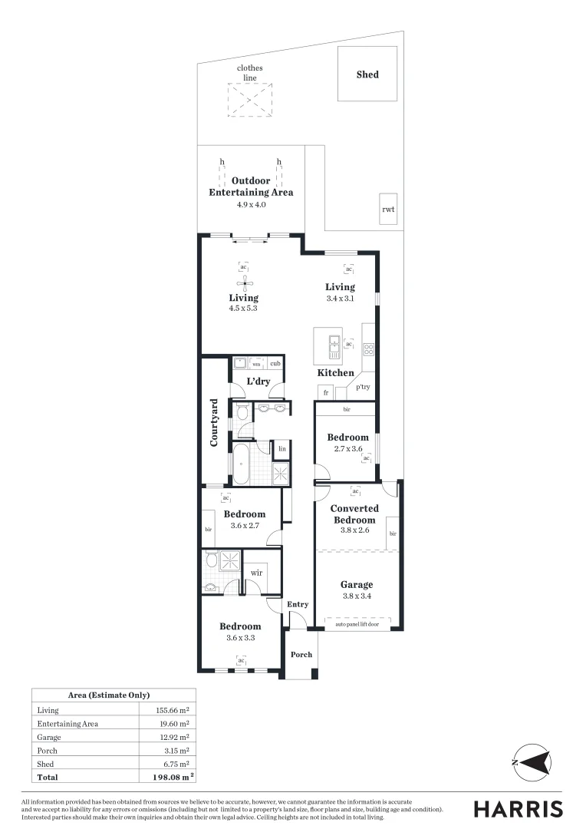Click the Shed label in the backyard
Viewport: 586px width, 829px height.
pos(367,74)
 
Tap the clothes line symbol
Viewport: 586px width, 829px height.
pos(249,100)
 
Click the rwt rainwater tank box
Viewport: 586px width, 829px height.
pos(388,210)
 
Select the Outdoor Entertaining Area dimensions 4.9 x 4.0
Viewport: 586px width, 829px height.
pos(251,206)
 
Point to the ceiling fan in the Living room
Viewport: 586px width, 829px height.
pos(243,282)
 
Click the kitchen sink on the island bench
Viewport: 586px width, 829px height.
pos(334,346)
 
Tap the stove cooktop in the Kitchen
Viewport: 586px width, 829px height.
pos(368,349)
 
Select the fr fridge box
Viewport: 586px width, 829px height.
pos(326,392)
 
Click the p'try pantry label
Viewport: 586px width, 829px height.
pos(362,388)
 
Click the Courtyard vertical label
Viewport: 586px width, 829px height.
pos(215,422)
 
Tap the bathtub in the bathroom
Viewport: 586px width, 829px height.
pos(241,464)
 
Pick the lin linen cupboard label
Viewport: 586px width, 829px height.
pos(282,448)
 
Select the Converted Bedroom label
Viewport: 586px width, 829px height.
pos(354,514)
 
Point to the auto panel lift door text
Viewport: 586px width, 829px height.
pos(357,625)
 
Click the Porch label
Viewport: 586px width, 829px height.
pos(301,655)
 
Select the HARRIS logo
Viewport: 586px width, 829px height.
pos(518,808)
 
